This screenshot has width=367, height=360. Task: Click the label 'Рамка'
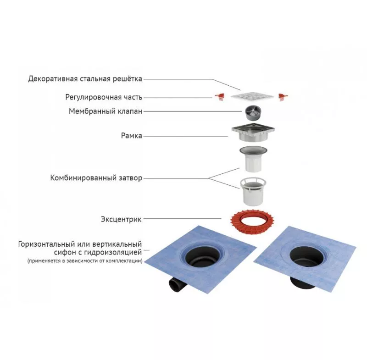[x=132, y=136]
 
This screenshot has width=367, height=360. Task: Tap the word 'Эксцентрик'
[x=121, y=219]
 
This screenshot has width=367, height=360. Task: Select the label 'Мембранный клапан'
[x=106, y=111]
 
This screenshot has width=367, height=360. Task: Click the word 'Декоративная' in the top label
[x=53, y=79]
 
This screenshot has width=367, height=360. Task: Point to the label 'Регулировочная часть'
[x=104, y=97]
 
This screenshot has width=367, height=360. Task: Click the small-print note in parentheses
[x=85, y=261]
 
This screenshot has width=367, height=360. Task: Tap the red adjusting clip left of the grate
[x=220, y=97]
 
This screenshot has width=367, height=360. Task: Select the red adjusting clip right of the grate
[x=283, y=97]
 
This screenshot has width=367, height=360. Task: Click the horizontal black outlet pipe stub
[x=176, y=285]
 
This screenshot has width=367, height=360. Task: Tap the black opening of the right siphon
[x=306, y=256]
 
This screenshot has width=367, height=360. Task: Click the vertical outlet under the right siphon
[x=304, y=282]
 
